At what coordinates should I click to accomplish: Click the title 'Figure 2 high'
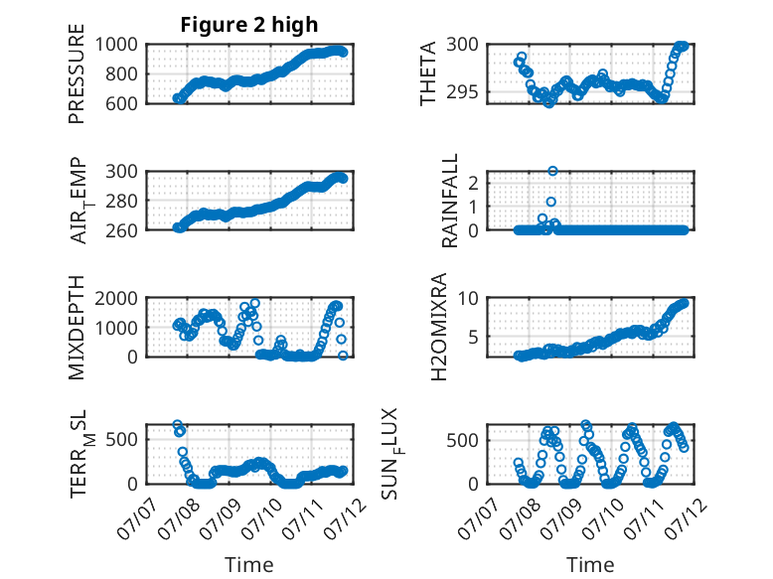coord(249,25)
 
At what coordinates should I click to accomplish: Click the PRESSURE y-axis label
coord(77,73)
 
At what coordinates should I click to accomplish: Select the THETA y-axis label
coord(428,73)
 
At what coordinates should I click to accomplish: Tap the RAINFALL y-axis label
coord(450,201)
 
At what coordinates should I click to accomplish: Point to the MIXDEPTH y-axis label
coord(77,327)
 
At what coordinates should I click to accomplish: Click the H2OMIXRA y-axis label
coord(438,327)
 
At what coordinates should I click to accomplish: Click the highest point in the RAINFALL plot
coord(552,171)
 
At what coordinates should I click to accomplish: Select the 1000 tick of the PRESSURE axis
coord(116,45)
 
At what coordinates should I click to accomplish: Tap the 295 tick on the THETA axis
coord(462,91)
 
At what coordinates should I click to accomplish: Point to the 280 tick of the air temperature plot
coord(122,201)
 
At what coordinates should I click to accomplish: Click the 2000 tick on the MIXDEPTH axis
coord(116,298)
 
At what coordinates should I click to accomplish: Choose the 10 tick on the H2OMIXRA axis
coord(468,298)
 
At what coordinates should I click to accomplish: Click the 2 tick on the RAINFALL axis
coord(474,184)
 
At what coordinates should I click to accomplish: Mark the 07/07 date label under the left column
coord(137,518)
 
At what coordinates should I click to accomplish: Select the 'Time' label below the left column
coord(249,564)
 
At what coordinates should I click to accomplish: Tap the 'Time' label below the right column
coord(590,564)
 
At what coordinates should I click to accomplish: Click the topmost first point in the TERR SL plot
coord(178,425)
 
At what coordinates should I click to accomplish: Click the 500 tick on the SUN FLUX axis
coord(462,440)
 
